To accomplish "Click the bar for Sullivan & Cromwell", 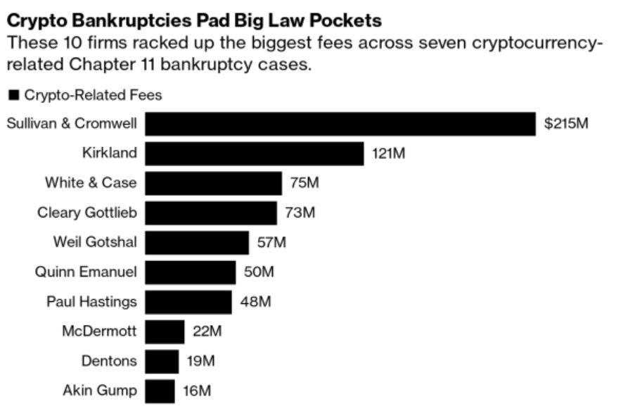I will coord(340,124).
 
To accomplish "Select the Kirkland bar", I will coord(255,153).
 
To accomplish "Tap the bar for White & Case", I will coord(213,183).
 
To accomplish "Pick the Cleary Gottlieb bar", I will coord(211,213).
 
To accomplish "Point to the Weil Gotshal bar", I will coord(197,243).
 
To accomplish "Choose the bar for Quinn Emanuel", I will coord(191,272).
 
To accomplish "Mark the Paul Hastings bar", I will coord(188,302).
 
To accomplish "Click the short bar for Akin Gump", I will coord(160,391).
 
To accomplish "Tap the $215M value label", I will coord(566,125).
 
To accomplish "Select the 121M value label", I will coord(389,153).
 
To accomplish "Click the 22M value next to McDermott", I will coord(207,331).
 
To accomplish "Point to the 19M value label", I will coord(201,362).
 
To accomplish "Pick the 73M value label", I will coord(300,213).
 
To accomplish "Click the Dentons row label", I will coord(108,362).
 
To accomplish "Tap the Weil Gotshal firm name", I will coord(95,243).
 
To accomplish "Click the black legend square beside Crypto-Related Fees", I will coord(13,95).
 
